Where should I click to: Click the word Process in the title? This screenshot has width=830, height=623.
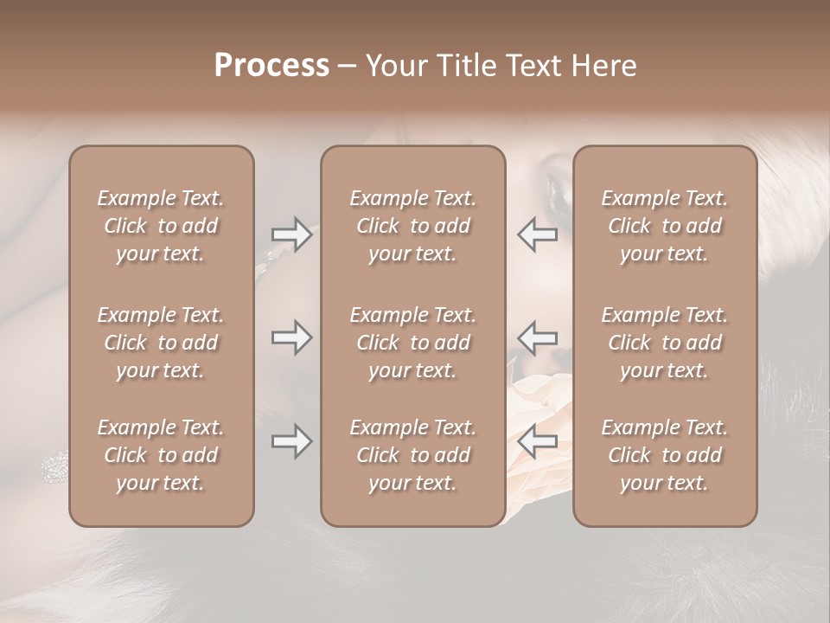(271, 66)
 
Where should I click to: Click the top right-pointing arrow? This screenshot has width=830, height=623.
(292, 234)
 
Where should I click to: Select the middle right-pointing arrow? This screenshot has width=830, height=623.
(292, 337)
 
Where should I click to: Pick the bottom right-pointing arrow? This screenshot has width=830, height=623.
(292, 441)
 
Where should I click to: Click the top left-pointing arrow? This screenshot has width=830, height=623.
(537, 234)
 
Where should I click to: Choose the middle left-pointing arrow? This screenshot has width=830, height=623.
(537, 337)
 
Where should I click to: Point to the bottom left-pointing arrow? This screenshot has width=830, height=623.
(537, 441)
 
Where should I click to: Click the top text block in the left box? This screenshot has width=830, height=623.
(161, 226)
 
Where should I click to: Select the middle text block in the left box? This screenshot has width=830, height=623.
(161, 343)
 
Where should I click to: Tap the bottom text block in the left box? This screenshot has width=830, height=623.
(161, 455)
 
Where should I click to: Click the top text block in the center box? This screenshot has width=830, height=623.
(413, 226)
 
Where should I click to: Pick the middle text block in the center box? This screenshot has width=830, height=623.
(413, 343)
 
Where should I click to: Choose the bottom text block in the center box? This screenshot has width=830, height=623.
(413, 455)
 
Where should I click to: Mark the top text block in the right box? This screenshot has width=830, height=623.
(665, 226)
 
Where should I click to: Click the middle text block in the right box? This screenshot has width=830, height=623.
(665, 343)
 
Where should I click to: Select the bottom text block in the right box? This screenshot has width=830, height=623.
(665, 455)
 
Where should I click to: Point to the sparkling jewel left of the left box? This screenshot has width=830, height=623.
(54, 468)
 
